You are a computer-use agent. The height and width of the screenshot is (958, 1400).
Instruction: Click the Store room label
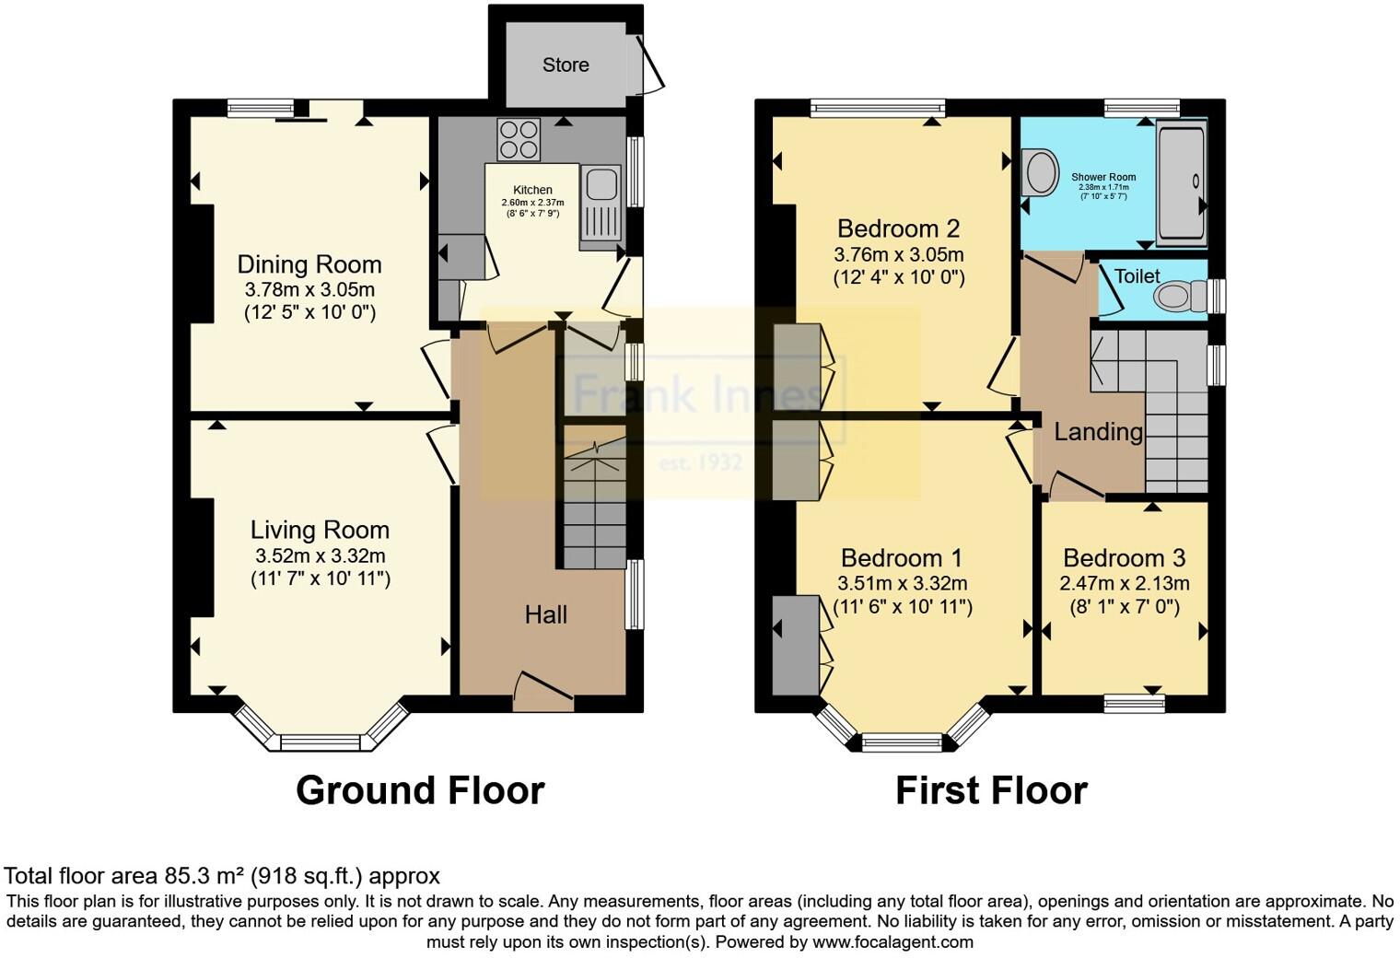tap(566, 65)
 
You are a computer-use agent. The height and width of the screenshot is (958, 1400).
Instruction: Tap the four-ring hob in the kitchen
tap(519, 139)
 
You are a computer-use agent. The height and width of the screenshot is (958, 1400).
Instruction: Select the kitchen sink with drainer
tap(600, 207)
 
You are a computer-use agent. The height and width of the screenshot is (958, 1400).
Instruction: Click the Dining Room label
tap(309, 264)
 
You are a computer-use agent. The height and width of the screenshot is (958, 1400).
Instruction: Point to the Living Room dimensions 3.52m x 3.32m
tap(320, 555)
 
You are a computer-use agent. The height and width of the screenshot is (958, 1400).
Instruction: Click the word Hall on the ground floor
tap(546, 615)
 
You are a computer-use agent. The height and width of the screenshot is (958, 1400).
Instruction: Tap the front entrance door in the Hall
tap(543, 691)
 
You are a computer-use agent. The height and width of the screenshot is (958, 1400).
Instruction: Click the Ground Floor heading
tap(420, 790)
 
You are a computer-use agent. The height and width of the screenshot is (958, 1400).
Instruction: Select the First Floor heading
tap(991, 790)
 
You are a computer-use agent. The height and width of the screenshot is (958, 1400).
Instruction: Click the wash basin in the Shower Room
tap(1040, 172)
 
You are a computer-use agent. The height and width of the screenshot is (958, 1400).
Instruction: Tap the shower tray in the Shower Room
tap(1181, 181)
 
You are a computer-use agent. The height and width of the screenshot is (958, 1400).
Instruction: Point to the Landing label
tap(1098, 432)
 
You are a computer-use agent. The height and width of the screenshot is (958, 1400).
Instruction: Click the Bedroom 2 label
tap(898, 228)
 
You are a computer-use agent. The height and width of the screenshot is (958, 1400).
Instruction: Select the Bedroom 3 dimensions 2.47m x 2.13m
tap(1124, 583)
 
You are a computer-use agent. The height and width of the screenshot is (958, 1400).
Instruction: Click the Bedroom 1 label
tap(901, 557)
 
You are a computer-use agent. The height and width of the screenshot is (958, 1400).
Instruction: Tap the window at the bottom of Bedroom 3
tap(1135, 705)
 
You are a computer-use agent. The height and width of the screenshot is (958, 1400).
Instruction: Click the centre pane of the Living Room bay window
tap(321, 742)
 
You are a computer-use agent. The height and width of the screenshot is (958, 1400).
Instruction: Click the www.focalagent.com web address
tap(892, 941)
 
